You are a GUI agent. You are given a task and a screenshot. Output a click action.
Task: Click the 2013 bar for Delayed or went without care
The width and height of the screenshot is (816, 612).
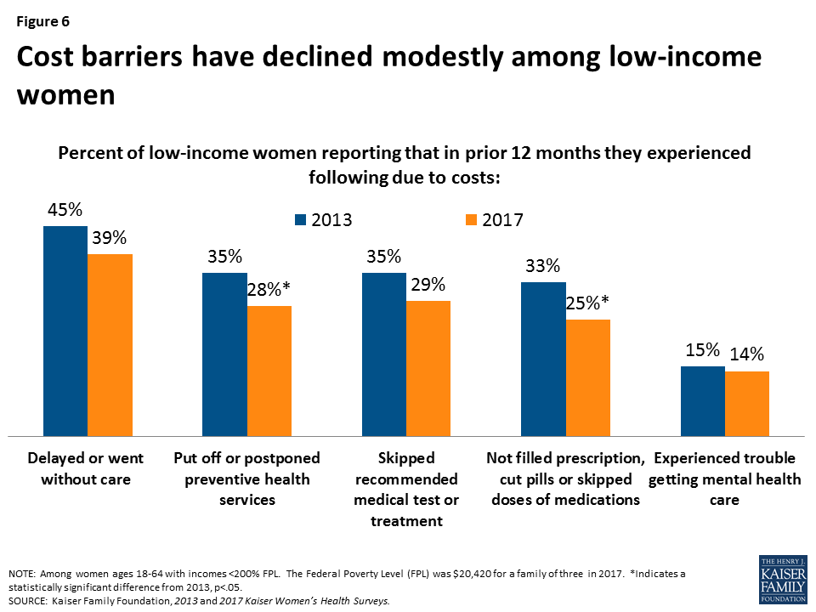[65, 331]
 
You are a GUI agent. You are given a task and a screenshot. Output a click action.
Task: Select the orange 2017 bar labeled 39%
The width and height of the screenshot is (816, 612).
[110, 344]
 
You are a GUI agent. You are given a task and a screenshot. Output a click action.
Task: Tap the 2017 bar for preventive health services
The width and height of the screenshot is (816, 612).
[269, 371]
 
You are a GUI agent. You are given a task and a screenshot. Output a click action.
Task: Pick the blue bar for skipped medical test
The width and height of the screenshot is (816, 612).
[383, 354]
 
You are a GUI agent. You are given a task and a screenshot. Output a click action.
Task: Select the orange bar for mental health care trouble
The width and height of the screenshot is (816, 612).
[747, 403]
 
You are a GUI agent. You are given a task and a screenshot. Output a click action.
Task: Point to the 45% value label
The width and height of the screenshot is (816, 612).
[65, 210]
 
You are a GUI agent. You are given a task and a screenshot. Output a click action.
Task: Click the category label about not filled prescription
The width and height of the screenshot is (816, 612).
[565, 479]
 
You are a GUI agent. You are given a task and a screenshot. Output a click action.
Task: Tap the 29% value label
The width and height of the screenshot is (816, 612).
[428, 285]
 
